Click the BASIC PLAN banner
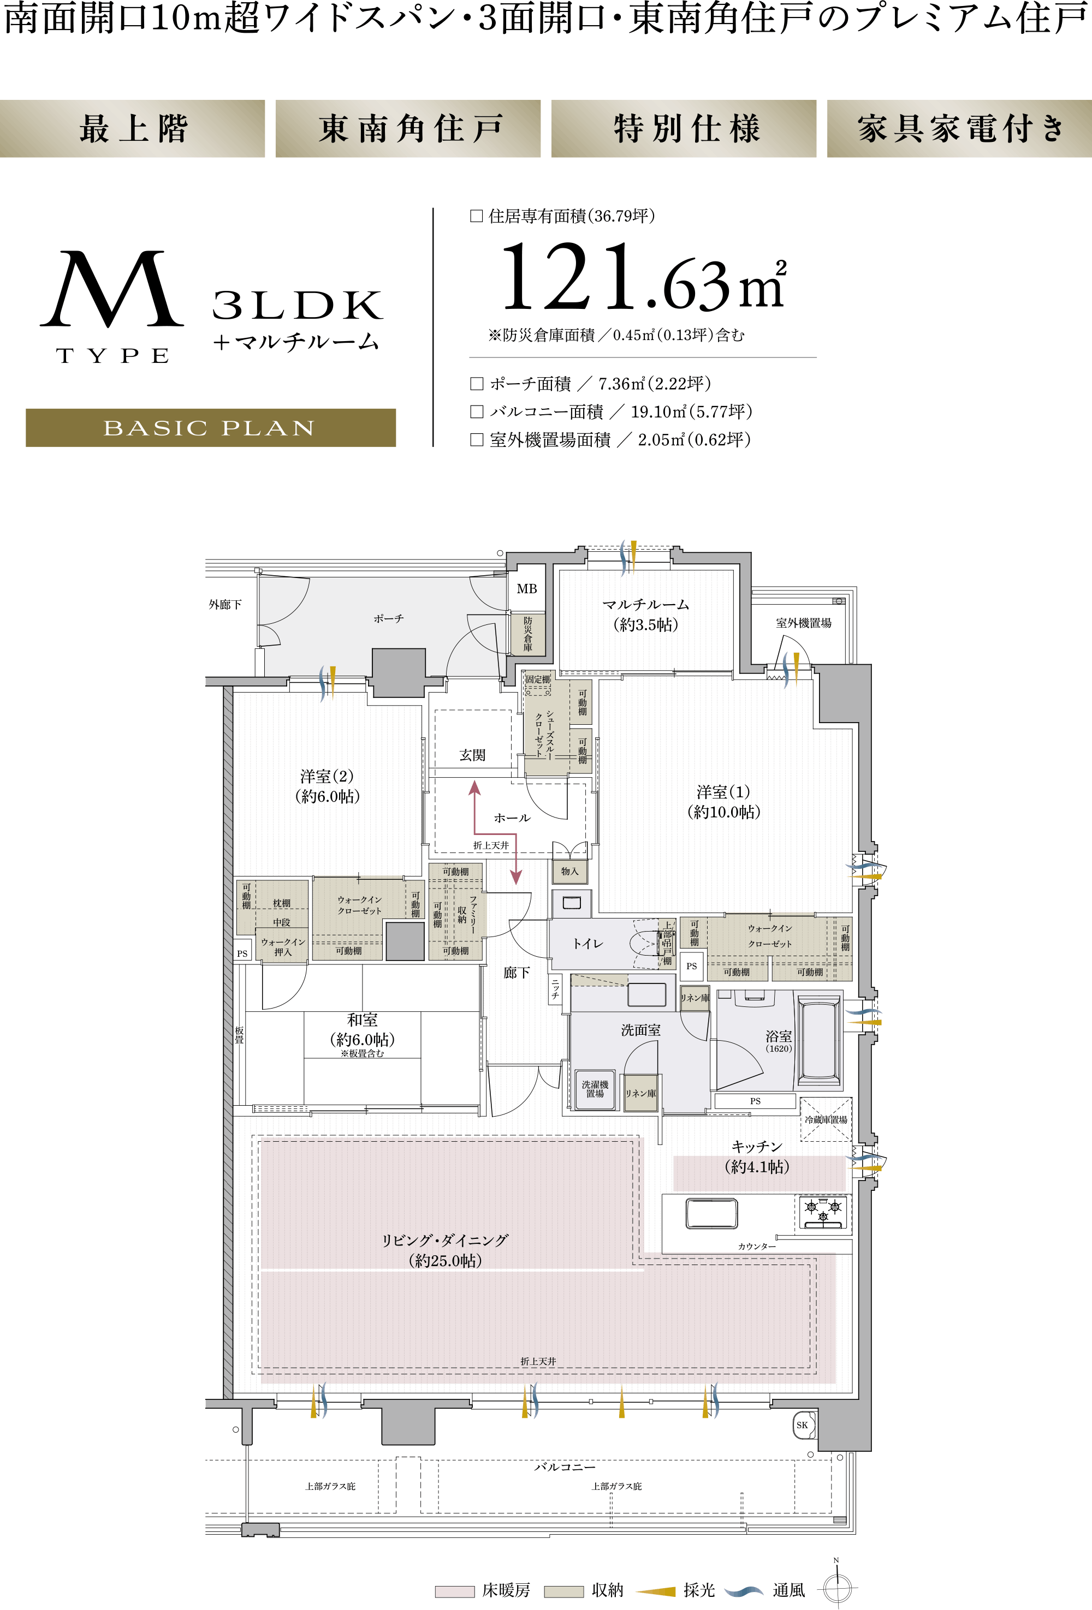[x=211, y=427]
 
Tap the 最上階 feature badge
[x=132, y=129]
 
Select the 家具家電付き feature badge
[x=960, y=129]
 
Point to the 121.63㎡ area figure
[x=644, y=277]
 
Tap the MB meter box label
[x=526, y=589]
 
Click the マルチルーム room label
[x=646, y=605]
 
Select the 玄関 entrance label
[x=472, y=755]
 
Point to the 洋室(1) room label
[x=723, y=792]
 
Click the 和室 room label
[x=363, y=1020]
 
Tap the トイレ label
[x=587, y=944]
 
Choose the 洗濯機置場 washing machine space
[x=595, y=1089]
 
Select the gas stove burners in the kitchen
[x=823, y=1212]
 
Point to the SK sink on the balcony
[x=803, y=1425]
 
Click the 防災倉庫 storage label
[x=528, y=633]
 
